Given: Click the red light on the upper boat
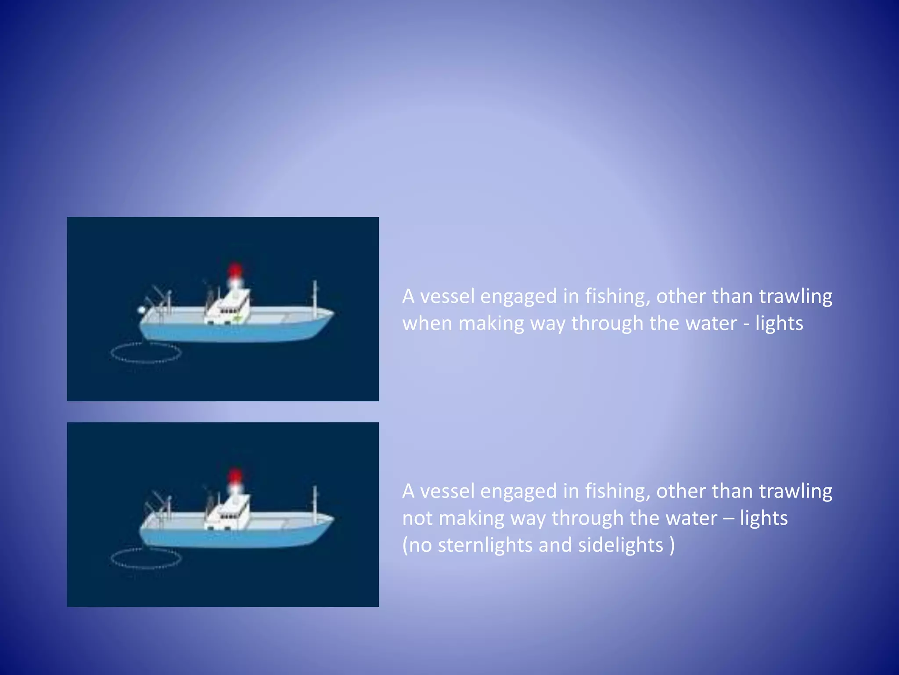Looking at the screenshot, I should click(x=235, y=269).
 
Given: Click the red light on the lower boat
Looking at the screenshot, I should click(x=235, y=475).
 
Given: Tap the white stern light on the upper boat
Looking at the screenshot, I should click(x=141, y=310).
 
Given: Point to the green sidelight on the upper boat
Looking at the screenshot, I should click(x=237, y=317).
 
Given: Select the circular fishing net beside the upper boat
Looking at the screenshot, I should click(x=146, y=352).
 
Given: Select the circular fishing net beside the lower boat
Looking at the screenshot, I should click(x=146, y=558).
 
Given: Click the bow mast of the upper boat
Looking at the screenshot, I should click(x=315, y=299).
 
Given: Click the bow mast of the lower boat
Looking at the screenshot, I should click(x=315, y=504).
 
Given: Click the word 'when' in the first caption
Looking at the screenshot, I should click(x=427, y=323).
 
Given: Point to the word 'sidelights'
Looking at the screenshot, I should click(x=620, y=545).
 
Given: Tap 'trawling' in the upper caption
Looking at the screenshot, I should click(x=795, y=297).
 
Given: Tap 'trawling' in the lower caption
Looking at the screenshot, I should click(x=795, y=491).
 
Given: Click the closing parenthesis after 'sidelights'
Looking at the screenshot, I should click(x=672, y=545).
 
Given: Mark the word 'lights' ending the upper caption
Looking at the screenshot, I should click(x=779, y=323).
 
